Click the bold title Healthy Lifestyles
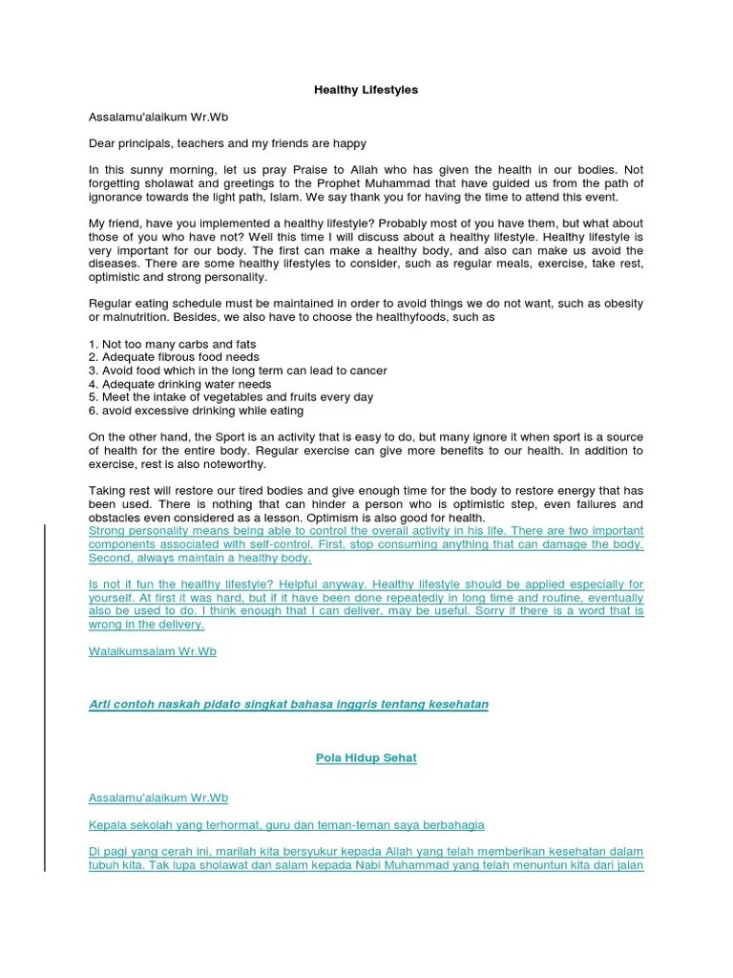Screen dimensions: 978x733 coord(366,90)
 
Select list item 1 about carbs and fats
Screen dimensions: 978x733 coord(172,344)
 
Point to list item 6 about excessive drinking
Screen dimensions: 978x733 coord(196,411)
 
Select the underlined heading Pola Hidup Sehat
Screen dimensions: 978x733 coord(366,758)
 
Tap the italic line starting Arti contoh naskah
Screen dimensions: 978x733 coord(287,705)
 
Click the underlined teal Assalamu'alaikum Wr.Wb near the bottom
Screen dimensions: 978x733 coord(157,797)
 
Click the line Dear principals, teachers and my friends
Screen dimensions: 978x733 coord(227,143)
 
